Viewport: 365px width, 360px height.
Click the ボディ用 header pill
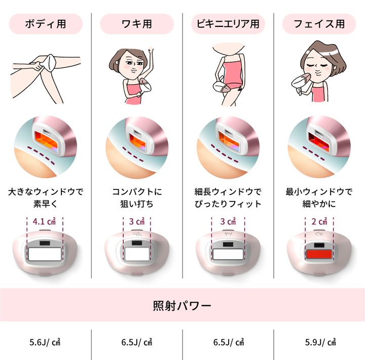pos(46,24)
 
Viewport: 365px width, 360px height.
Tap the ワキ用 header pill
pos(137,24)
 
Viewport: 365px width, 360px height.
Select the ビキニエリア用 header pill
pos(228,24)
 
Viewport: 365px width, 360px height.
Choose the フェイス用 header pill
pos(319,24)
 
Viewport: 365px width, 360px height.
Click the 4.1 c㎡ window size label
pos(44,221)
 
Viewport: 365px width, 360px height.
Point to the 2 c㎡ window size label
pos(319,221)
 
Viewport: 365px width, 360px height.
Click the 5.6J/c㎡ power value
pos(45,342)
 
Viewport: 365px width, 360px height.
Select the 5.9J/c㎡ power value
pos(320,342)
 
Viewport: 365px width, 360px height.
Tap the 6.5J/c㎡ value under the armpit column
pos(137,342)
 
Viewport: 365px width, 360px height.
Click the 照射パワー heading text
pos(182,305)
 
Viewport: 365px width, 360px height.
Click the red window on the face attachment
pos(319,254)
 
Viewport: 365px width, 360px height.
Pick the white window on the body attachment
pos(45,254)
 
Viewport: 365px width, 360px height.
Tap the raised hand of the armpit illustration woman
pos(151,50)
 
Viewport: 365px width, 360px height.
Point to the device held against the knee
pos(49,62)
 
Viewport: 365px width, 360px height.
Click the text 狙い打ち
pos(137,204)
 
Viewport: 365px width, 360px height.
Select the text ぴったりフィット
pos(228,204)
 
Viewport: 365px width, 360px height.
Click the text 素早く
pos(45,204)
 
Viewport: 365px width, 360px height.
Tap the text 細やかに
pos(319,204)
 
